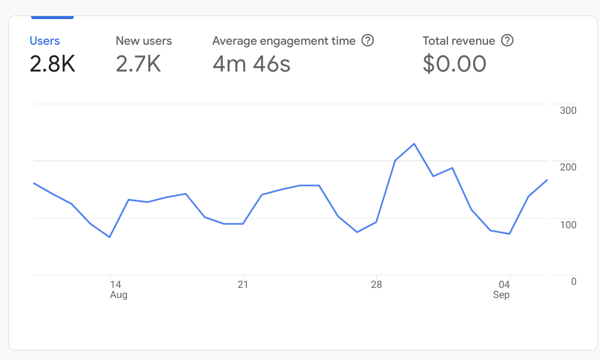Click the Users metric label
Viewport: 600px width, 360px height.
pyautogui.click(x=45, y=41)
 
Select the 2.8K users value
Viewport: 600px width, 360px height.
pyautogui.click(x=52, y=63)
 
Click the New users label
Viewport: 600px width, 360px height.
pyautogui.click(x=144, y=41)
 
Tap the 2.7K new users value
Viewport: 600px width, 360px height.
pyautogui.click(x=138, y=63)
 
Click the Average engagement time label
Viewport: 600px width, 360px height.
pyautogui.click(x=284, y=41)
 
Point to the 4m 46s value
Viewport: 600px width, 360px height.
pyautogui.click(x=251, y=63)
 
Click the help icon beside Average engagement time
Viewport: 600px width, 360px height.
pyautogui.click(x=368, y=41)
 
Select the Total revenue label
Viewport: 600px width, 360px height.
pyautogui.click(x=459, y=41)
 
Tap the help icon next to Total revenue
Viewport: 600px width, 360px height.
pyautogui.click(x=508, y=41)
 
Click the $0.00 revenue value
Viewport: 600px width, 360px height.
pyautogui.click(x=455, y=63)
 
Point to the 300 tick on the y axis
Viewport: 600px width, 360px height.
pyautogui.click(x=568, y=110)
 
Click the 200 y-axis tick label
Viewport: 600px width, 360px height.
pyautogui.click(x=568, y=167)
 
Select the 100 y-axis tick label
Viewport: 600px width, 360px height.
pyautogui.click(x=568, y=225)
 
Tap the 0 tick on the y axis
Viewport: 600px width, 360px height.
pyautogui.click(x=573, y=281)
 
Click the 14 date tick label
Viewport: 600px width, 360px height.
pyautogui.click(x=116, y=284)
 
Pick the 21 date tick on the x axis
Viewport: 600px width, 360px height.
pyautogui.click(x=243, y=284)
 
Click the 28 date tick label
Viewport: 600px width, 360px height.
pyautogui.click(x=375, y=284)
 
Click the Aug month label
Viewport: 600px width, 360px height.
pyautogui.click(x=119, y=295)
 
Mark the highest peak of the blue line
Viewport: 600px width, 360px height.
pyautogui.click(x=414, y=144)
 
